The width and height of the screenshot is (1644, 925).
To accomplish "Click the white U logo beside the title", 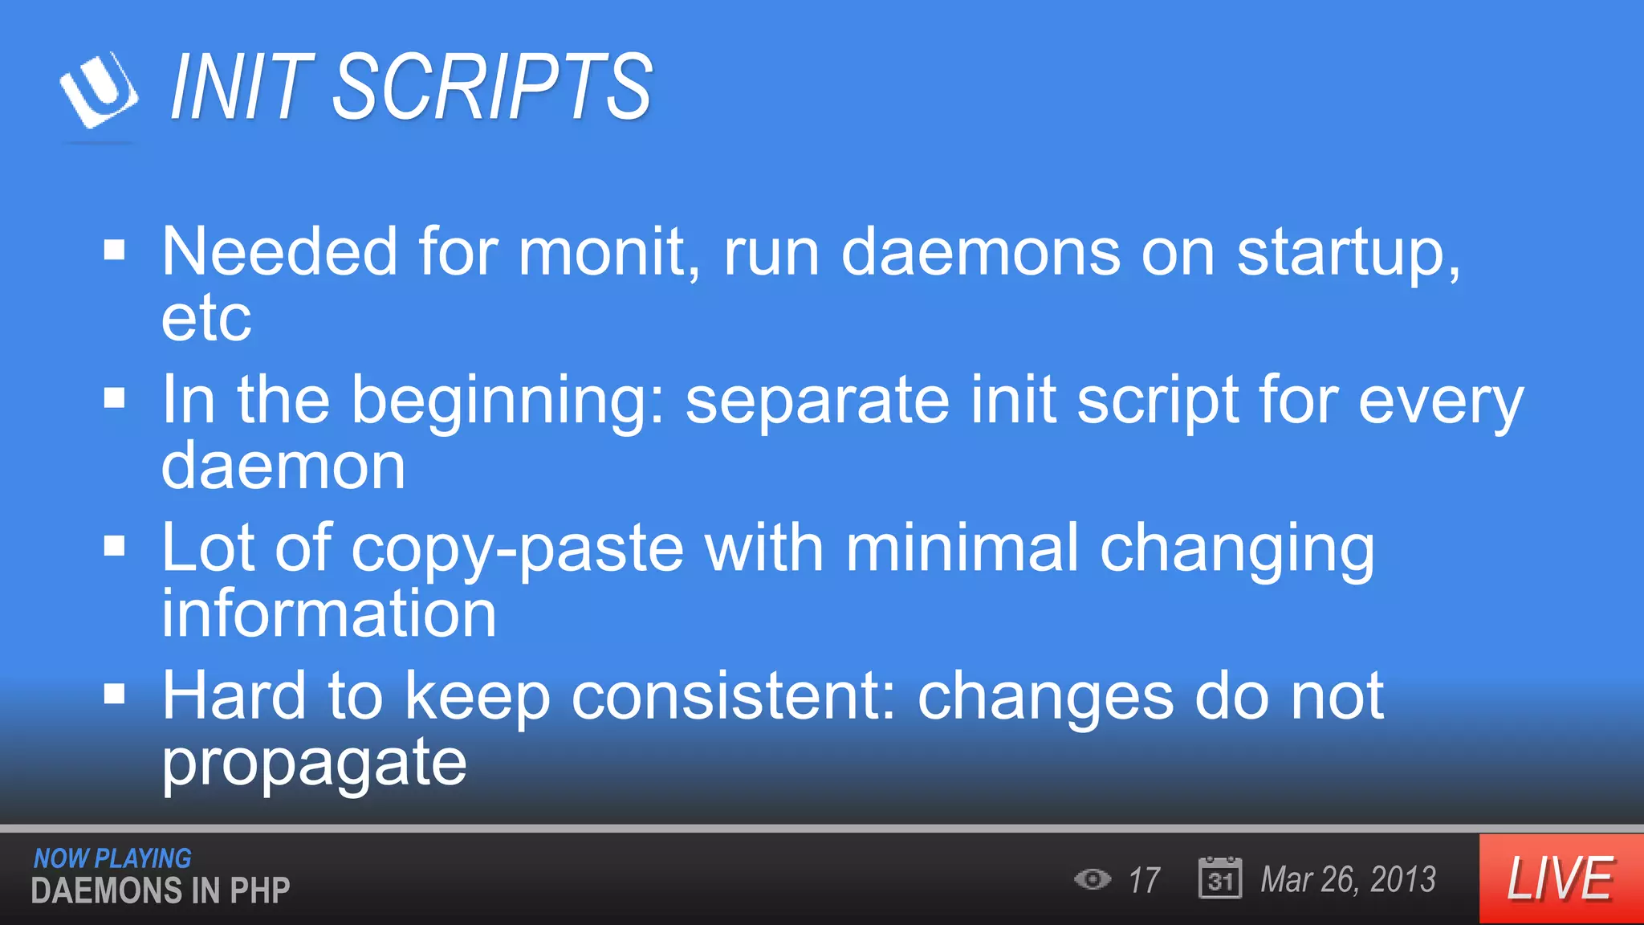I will click(99, 90).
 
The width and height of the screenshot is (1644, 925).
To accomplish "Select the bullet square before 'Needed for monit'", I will click(115, 251).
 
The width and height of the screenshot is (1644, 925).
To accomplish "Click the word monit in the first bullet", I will click(608, 252).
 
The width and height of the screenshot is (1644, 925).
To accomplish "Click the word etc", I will click(206, 320).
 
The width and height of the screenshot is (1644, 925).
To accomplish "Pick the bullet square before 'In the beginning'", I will click(115, 397).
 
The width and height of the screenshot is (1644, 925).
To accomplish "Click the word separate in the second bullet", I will click(817, 401).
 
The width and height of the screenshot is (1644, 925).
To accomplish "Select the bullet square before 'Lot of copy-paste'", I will click(115, 546).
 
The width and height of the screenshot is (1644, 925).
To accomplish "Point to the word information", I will click(329, 613).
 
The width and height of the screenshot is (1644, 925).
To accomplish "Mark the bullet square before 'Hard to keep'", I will click(115, 693).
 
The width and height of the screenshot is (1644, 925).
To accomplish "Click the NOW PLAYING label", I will click(112, 858).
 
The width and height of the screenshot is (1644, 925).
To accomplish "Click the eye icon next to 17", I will click(1093, 879).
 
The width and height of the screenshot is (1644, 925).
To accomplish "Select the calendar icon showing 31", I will click(1219, 878).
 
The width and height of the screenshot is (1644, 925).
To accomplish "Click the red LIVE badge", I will click(1561, 879).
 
